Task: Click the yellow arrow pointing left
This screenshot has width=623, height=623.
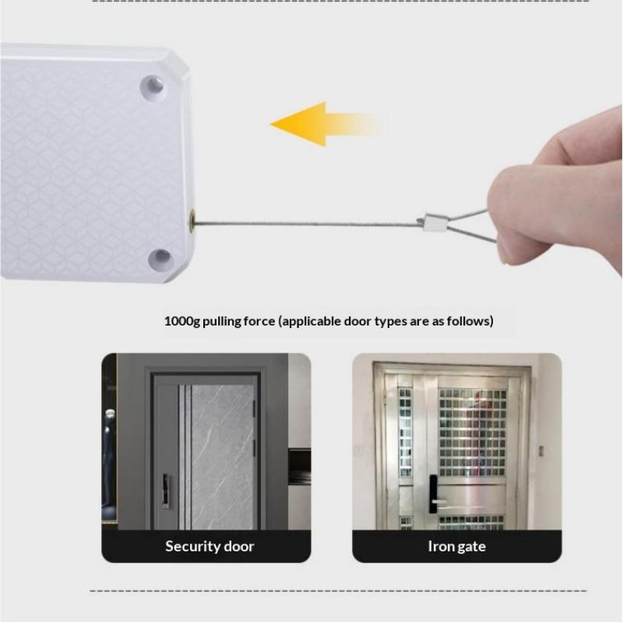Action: [326, 125]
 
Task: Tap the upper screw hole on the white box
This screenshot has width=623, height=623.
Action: [153, 87]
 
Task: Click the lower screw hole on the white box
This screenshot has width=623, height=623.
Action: [161, 259]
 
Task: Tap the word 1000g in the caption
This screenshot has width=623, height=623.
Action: [182, 321]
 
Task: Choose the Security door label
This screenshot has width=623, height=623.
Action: [209, 547]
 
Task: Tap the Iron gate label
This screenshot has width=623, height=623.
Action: [457, 547]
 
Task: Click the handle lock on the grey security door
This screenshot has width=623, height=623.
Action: [166, 491]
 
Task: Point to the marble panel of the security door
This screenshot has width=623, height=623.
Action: [223, 457]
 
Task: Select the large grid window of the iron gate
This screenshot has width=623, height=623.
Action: [472, 433]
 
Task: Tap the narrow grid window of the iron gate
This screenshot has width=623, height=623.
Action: [405, 433]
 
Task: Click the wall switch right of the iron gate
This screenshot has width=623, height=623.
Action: [540, 451]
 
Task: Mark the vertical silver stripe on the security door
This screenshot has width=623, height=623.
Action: [185, 457]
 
